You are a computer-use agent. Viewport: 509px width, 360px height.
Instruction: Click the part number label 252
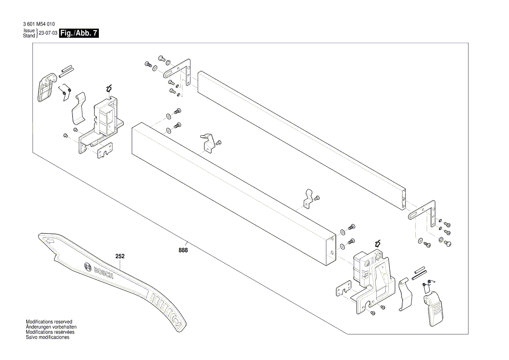click(120, 256)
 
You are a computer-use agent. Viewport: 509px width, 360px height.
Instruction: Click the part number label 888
click(183, 250)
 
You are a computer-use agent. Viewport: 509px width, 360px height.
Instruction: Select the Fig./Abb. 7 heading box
click(79, 34)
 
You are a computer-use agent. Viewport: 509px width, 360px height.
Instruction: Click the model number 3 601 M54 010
click(39, 24)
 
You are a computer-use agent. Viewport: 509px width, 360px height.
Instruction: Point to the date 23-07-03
click(48, 34)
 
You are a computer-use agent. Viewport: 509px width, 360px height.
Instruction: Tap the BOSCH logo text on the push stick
click(104, 273)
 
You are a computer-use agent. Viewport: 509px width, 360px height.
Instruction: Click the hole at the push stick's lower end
click(177, 320)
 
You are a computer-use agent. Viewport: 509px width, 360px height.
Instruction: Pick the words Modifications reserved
click(49, 322)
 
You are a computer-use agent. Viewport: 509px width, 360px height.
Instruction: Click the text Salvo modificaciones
click(47, 337)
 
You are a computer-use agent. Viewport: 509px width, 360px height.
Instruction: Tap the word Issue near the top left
click(29, 31)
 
